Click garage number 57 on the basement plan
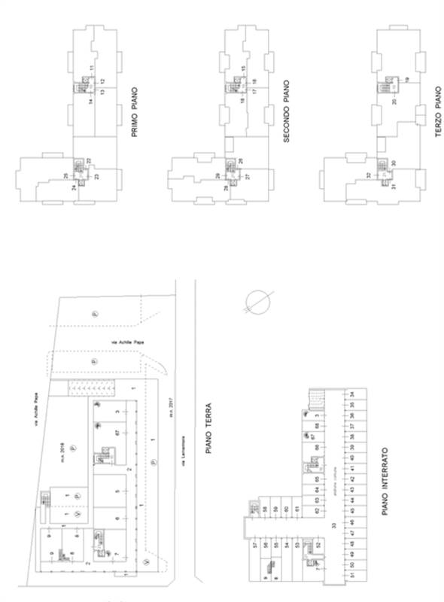[x=256, y=544]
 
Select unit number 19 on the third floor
[x=406, y=79]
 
